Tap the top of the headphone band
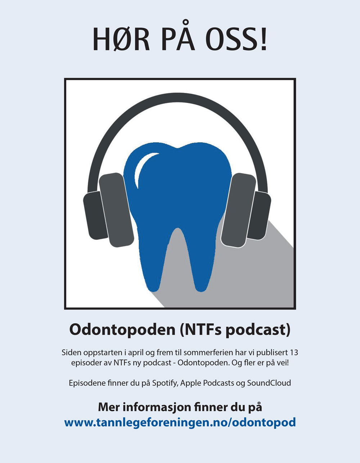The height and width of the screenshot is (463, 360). [177, 99]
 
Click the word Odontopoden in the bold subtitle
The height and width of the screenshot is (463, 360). [122, 330]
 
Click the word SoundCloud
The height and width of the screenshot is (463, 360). [269, 383]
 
